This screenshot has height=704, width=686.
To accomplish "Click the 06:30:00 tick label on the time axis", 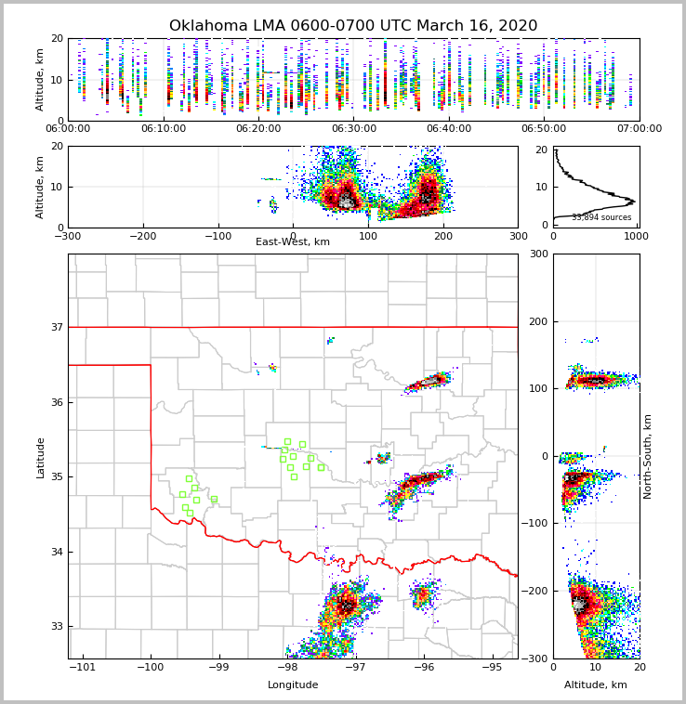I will (353, 129).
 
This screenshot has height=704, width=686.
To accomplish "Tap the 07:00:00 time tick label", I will (640, 129).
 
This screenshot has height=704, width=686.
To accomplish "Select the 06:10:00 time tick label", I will (163, 129).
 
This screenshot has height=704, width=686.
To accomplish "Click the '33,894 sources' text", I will (601, 217).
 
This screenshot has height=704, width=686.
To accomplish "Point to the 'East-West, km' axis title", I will (293, 242).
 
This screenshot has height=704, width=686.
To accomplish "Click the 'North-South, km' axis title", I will (648, 456).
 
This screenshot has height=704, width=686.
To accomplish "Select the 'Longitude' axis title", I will (293, 685).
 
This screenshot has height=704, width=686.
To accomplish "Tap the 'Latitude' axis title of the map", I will (41, 457).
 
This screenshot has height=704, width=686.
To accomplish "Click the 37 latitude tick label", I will (56, 327).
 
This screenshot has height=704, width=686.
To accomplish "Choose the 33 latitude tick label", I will (56, 626).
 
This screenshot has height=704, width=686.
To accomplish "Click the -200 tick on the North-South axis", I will (536, 591).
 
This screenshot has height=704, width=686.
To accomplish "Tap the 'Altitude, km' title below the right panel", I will (596, 685).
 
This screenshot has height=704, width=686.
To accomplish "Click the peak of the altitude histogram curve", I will (633, 201).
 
